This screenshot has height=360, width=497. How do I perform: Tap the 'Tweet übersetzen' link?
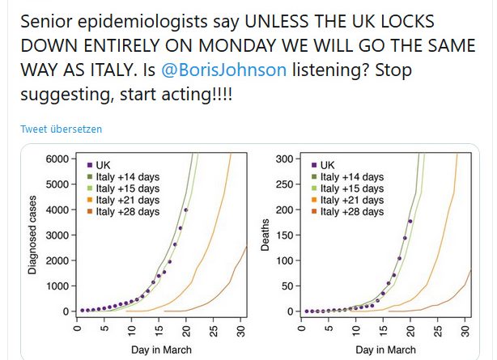(62, 129)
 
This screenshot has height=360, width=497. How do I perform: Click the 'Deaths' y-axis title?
(264, 235)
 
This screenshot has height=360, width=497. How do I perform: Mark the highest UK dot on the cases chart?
(186, 210)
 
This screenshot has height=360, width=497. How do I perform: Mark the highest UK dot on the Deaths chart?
(410, 222)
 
